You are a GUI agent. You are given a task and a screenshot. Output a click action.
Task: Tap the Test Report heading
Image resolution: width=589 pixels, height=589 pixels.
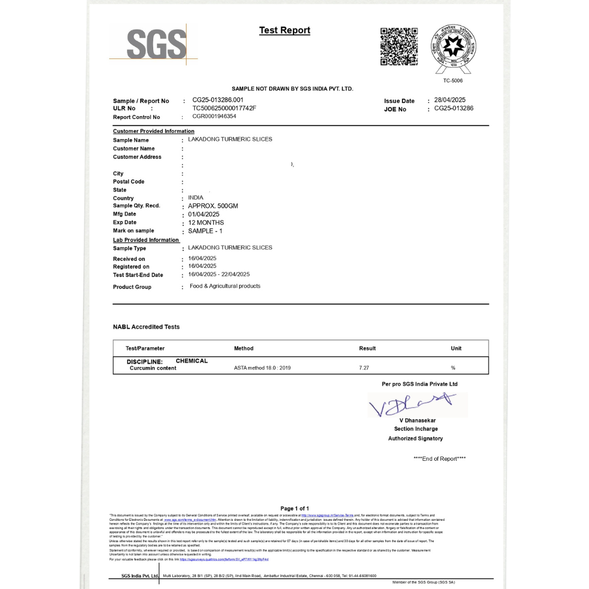285,31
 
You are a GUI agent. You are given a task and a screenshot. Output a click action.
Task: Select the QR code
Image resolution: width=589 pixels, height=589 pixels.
399,46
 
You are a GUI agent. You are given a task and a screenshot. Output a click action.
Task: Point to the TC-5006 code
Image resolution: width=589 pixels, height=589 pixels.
453,81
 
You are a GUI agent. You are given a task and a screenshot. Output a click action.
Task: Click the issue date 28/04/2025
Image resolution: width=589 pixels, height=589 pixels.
449,100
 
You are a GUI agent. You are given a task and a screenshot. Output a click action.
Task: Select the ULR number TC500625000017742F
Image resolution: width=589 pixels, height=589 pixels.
224,108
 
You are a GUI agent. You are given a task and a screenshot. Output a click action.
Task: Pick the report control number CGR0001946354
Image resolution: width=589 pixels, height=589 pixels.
214,116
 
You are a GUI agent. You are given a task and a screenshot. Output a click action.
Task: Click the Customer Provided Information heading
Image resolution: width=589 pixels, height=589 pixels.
154,131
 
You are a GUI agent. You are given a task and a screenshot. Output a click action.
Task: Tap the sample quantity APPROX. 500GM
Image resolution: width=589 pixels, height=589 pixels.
213,206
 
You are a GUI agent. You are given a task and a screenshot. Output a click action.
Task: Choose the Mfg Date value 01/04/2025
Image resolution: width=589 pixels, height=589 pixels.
203,214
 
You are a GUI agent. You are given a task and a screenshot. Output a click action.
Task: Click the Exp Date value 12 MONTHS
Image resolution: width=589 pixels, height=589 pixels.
206,223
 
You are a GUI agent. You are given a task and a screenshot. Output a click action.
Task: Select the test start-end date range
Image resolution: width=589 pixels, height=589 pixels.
219,274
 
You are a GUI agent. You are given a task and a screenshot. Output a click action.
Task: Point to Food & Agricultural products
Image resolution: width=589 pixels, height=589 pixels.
225,286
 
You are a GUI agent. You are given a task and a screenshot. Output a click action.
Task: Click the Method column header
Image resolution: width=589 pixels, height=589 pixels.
244,348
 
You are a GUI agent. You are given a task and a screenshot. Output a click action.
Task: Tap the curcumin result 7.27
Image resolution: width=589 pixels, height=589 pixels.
364,368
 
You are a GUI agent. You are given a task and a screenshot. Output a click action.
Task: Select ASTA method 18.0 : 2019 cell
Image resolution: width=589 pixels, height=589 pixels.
262,368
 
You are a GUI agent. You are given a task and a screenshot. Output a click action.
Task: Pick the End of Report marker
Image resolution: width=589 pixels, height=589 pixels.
440,459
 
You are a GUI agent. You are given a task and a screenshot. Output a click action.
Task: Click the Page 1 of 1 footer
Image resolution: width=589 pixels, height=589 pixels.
294,508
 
